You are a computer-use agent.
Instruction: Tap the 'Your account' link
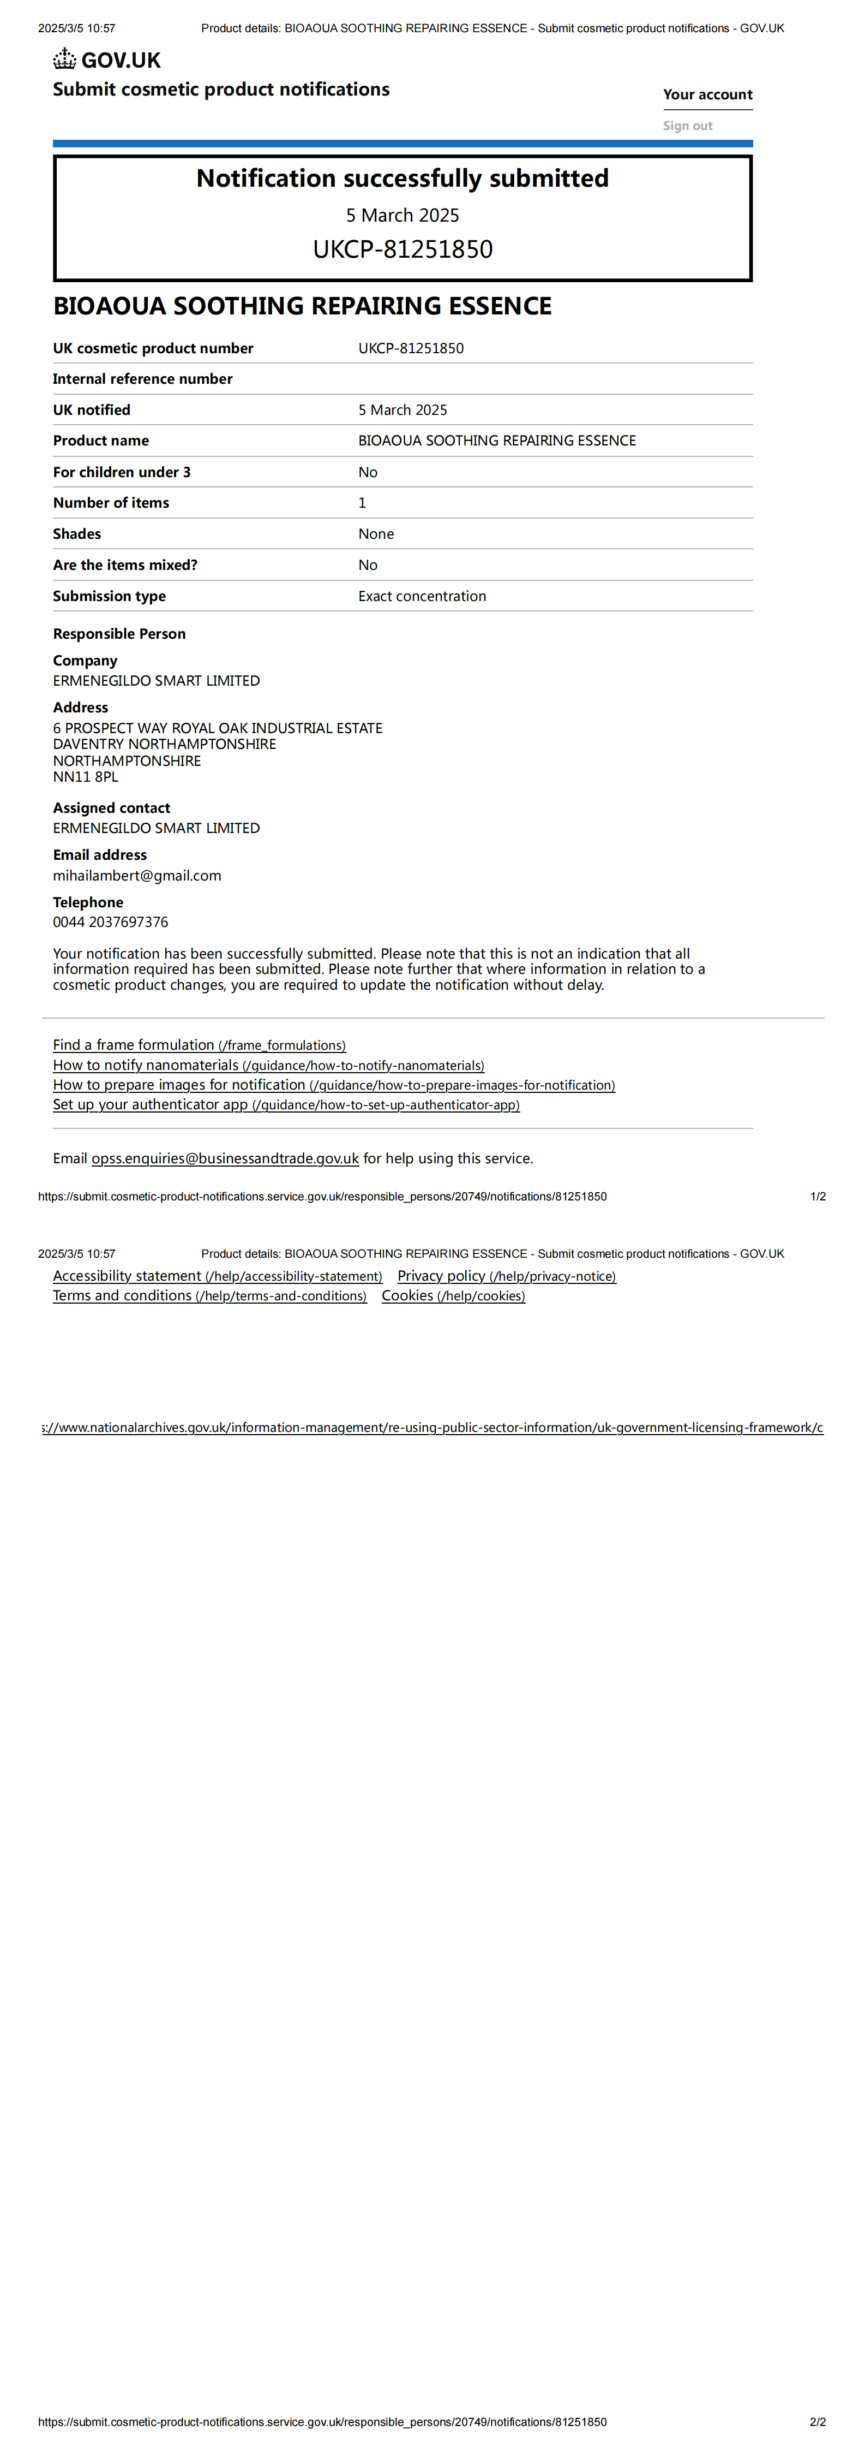tap(707, 94)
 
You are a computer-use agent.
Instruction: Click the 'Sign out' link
tap(687, 126)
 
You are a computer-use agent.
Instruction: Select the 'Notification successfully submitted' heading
tap(402, 179)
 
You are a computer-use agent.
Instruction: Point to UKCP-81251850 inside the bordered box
tap(402, 249)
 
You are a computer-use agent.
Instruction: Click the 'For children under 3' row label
tap(122, 472)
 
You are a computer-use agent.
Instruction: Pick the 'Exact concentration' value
tap(422, 596)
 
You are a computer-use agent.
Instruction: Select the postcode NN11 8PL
tap(86, 777)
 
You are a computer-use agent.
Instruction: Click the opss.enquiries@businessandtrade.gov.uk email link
tap(225, 1158)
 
